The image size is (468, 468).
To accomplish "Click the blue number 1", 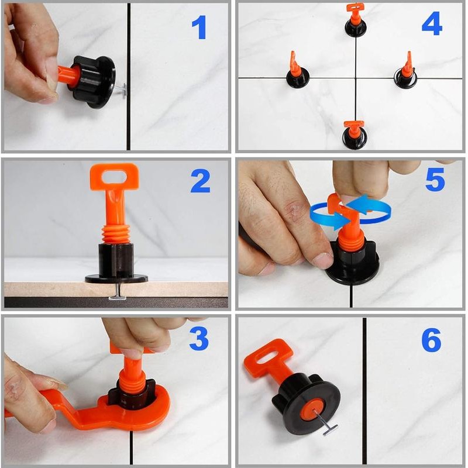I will pos(199,27).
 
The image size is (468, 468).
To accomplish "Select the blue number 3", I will pos(199,338).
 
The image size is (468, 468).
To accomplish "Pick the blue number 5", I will pos(435,180).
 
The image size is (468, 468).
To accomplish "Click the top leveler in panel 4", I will pos(355,20).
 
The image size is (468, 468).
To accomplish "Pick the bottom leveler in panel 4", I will pos(354,135).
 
